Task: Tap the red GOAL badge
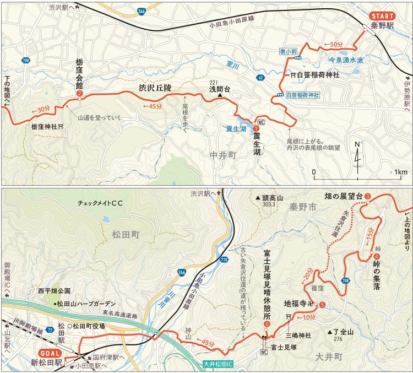(51, 352)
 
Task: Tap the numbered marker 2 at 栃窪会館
(80, 94)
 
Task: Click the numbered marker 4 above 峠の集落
(376, 256)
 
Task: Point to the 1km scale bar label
(401, 172)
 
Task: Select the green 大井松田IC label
(219, 364)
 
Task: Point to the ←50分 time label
(334, 44)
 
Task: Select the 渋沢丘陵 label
(155, 87)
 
